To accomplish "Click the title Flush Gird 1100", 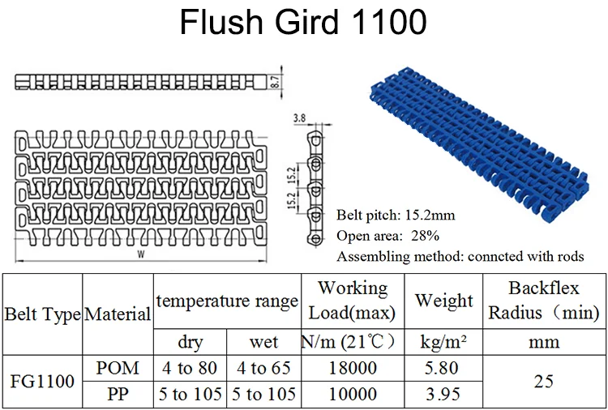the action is coord(303,23).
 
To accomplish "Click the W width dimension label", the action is coord(140,254).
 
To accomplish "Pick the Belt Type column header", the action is coord(42,313).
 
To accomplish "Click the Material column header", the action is coord(118,313).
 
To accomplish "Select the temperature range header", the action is coord(227,301).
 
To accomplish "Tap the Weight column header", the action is coord(443,301).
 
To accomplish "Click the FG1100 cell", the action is coord(42,381).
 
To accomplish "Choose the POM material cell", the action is coord(118,368).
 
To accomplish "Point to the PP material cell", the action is coord(118,394).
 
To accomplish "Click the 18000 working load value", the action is coord(352,368).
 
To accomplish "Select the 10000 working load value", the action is coord(352,394).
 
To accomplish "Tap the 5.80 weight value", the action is coord(443,368).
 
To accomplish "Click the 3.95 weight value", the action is coord(443,394).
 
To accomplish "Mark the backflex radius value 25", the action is coord(544,381).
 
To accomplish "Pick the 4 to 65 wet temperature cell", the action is coord(263,368).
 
